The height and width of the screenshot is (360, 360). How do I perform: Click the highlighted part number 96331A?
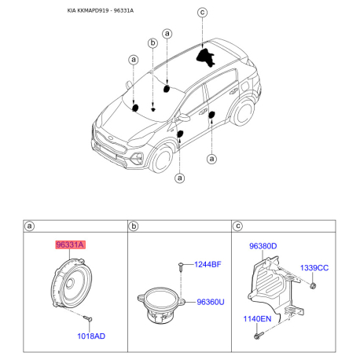tap(70, 245)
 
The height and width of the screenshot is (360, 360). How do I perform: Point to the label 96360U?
tap(211, 301)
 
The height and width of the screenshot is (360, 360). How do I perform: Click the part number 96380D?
tap(263, 246)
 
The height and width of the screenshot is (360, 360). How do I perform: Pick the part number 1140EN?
tap(256, 319)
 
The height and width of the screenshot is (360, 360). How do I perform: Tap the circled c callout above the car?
tap(201, 12)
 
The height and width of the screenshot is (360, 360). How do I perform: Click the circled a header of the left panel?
tap(30, 226)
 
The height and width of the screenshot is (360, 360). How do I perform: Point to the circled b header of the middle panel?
tap(134, 226)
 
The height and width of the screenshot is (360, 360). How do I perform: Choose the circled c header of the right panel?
tap(237, 226)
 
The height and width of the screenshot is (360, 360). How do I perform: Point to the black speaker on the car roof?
tap(207, 57)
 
